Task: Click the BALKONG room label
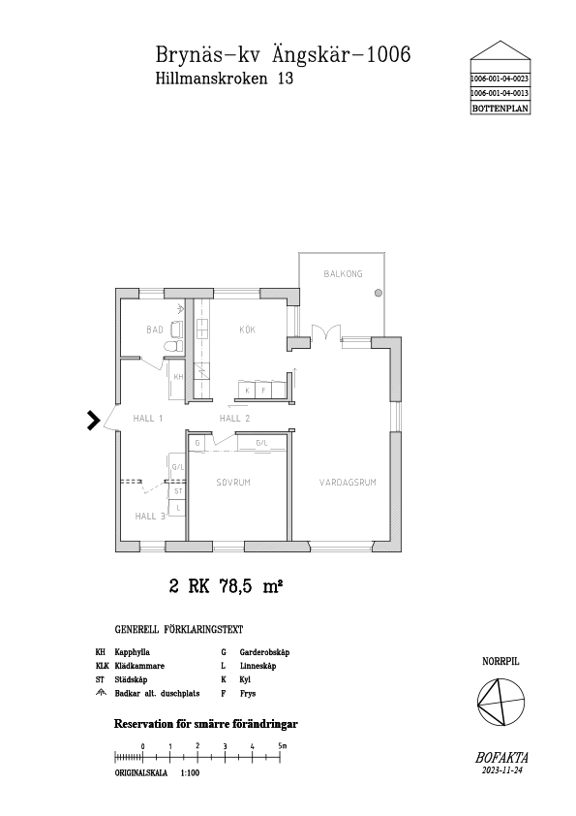343,273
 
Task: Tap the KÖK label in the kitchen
248,330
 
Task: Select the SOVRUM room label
233,483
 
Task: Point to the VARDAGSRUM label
348,483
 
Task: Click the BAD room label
154,330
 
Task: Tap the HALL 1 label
148,418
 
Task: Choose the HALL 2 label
234,418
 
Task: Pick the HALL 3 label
150,517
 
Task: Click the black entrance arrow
93,421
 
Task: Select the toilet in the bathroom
172,346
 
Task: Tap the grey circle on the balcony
379,293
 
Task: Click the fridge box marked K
247,390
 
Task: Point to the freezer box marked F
263,390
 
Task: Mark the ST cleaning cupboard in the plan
178,491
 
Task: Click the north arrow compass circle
501,702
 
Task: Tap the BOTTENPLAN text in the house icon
500,109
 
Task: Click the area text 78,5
236,586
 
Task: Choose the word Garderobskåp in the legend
264,652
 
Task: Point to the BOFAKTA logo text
501,758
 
